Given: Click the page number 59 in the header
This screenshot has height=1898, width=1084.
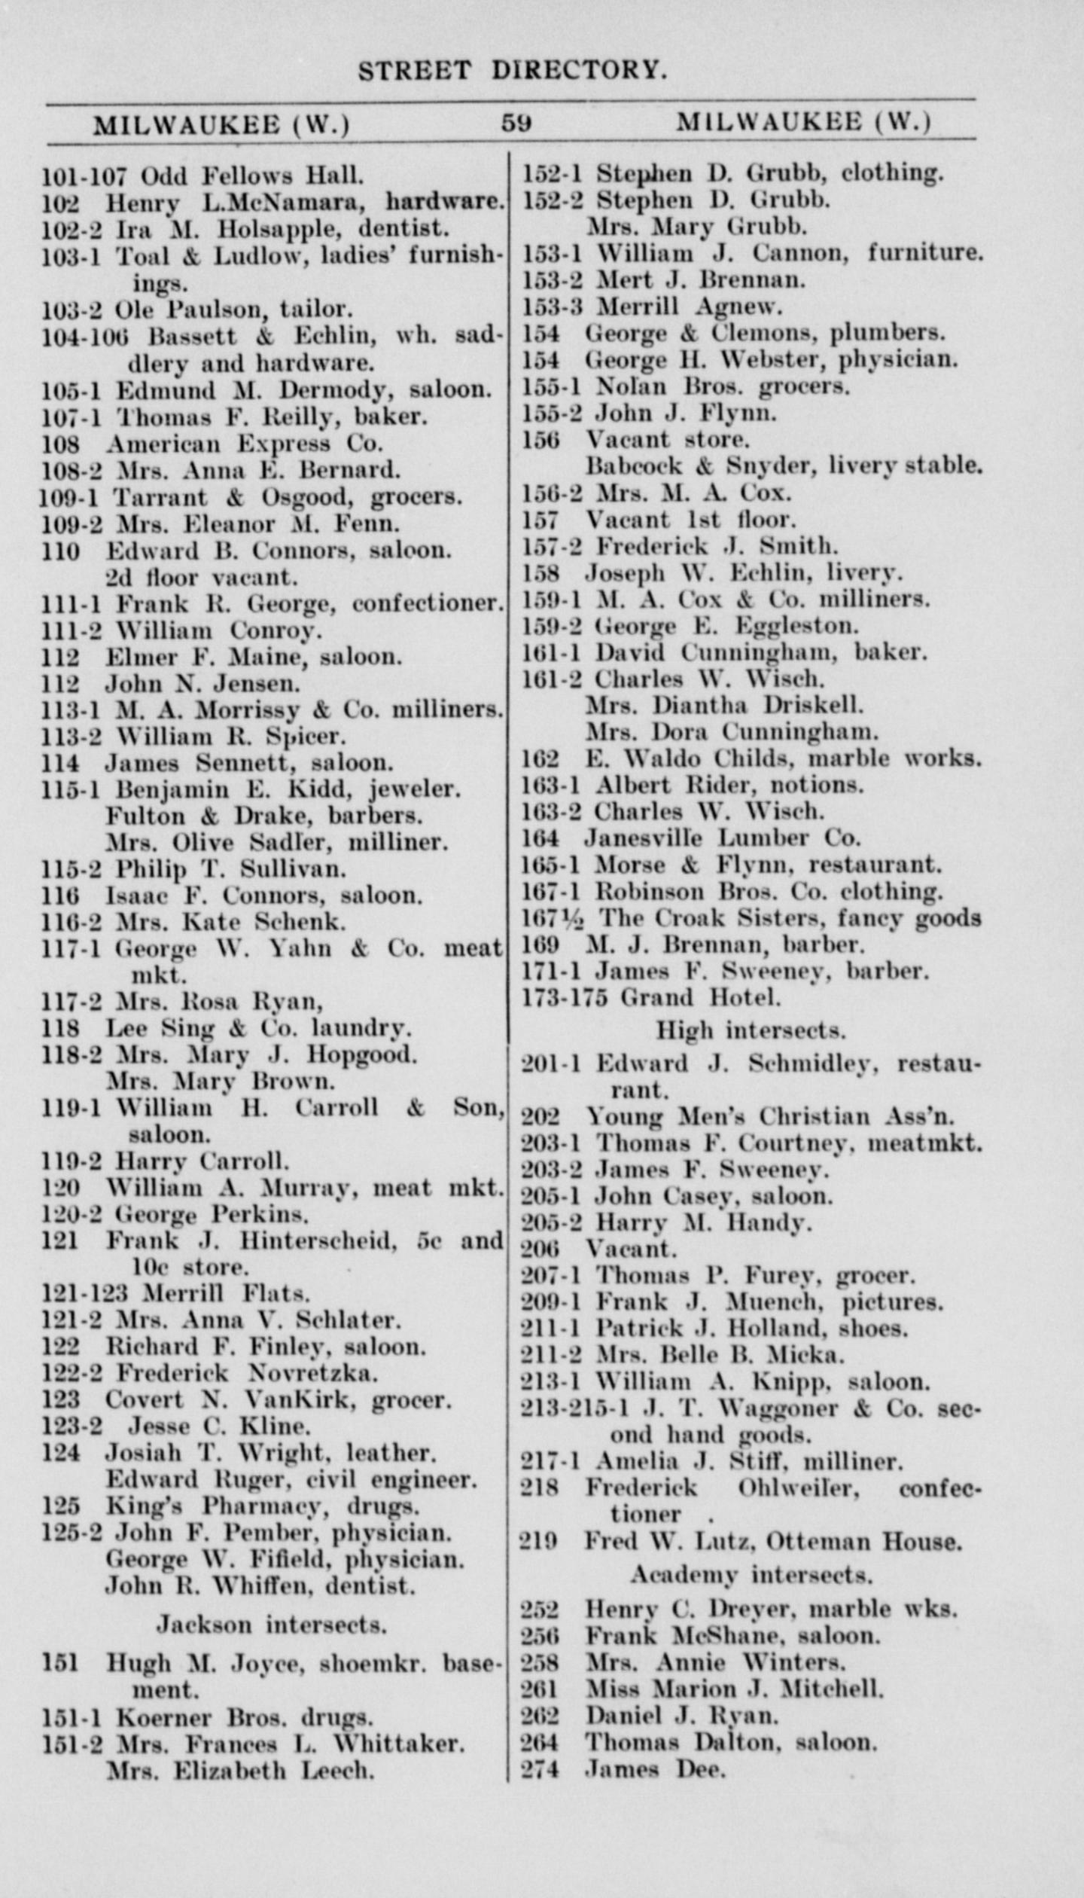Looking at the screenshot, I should (516, 123).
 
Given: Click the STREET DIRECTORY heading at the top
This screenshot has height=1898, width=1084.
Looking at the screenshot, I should (513, 71).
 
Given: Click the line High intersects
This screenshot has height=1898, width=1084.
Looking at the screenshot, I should (751, 1030).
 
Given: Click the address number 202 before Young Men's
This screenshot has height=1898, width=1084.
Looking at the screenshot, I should (540, 1117).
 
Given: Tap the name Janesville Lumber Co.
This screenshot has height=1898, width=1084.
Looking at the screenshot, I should (722, 838).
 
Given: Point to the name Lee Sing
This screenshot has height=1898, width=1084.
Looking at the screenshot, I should (160, 1028).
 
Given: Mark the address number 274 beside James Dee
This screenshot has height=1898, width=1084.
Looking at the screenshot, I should (540, 1769).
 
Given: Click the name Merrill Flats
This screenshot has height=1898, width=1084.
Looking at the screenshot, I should (227, 1294).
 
